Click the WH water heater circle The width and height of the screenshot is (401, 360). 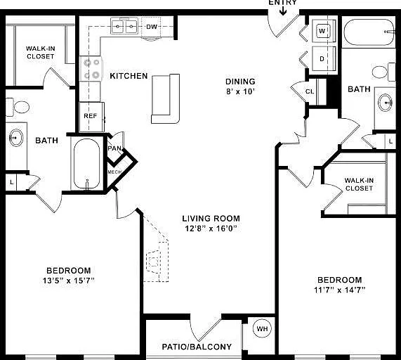pos(262,328)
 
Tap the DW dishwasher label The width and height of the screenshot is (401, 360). pos(152,27)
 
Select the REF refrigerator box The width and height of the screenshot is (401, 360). pos(91,117)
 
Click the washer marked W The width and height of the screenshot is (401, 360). pos(323,31)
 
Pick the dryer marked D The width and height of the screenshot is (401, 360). pos(323,58)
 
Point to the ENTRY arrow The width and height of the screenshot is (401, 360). pos(283,11)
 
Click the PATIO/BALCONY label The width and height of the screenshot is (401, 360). pos(197,347)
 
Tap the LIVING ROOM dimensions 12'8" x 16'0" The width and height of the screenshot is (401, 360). pos(211,228)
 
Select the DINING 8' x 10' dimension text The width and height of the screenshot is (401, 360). pos(240,91)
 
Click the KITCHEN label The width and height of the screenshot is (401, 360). pos(129,76)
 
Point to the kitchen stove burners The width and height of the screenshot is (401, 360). pos(91,69)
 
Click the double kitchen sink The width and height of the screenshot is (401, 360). pos(124,26)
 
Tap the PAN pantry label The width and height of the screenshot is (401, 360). pos(114,148)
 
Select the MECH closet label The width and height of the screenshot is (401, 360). pos(114,172)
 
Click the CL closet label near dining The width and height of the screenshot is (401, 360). pos(310,91)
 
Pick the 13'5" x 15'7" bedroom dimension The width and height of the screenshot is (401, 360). pos(69,281)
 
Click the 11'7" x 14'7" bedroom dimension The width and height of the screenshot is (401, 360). pos(339,290)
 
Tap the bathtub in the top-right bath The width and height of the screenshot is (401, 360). pos(369,32)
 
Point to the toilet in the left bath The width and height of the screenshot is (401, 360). pos(18,107)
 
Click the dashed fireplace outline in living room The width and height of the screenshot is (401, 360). pos(156,256)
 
